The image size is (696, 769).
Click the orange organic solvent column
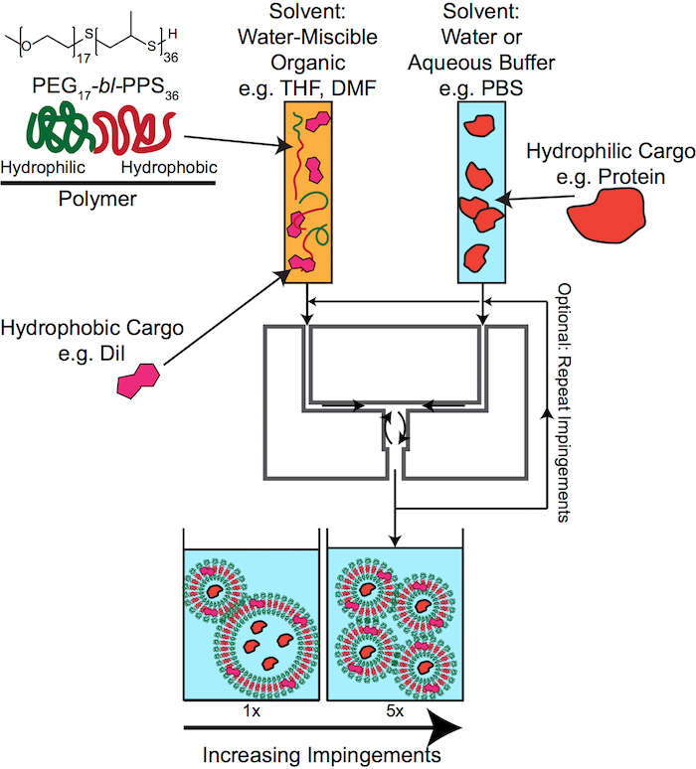[308, 193]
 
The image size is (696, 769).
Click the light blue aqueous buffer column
[481, 193]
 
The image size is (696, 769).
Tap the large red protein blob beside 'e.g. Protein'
[607, 215]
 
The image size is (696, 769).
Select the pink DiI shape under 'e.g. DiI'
[138, 381]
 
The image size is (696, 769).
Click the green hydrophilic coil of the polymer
[59, 128]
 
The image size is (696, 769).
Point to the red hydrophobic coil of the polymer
[133, 130]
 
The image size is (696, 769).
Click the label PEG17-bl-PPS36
[105, 87]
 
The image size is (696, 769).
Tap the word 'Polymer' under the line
[97, 199]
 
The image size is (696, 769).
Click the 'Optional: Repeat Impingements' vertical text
[565, 402]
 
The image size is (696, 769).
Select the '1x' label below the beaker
[252, 710]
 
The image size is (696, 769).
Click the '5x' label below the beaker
[395, 710]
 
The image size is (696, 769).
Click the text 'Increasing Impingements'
[321, 755]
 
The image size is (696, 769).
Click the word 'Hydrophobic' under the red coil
[169, 168]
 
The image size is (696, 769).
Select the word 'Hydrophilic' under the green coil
[43, 168]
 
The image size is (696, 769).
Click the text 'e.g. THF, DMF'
[307, 88]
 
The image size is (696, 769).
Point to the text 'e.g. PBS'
[481, 88]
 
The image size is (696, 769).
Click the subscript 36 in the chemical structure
[171, 58]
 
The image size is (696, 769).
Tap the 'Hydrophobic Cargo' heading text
[92, 328]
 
